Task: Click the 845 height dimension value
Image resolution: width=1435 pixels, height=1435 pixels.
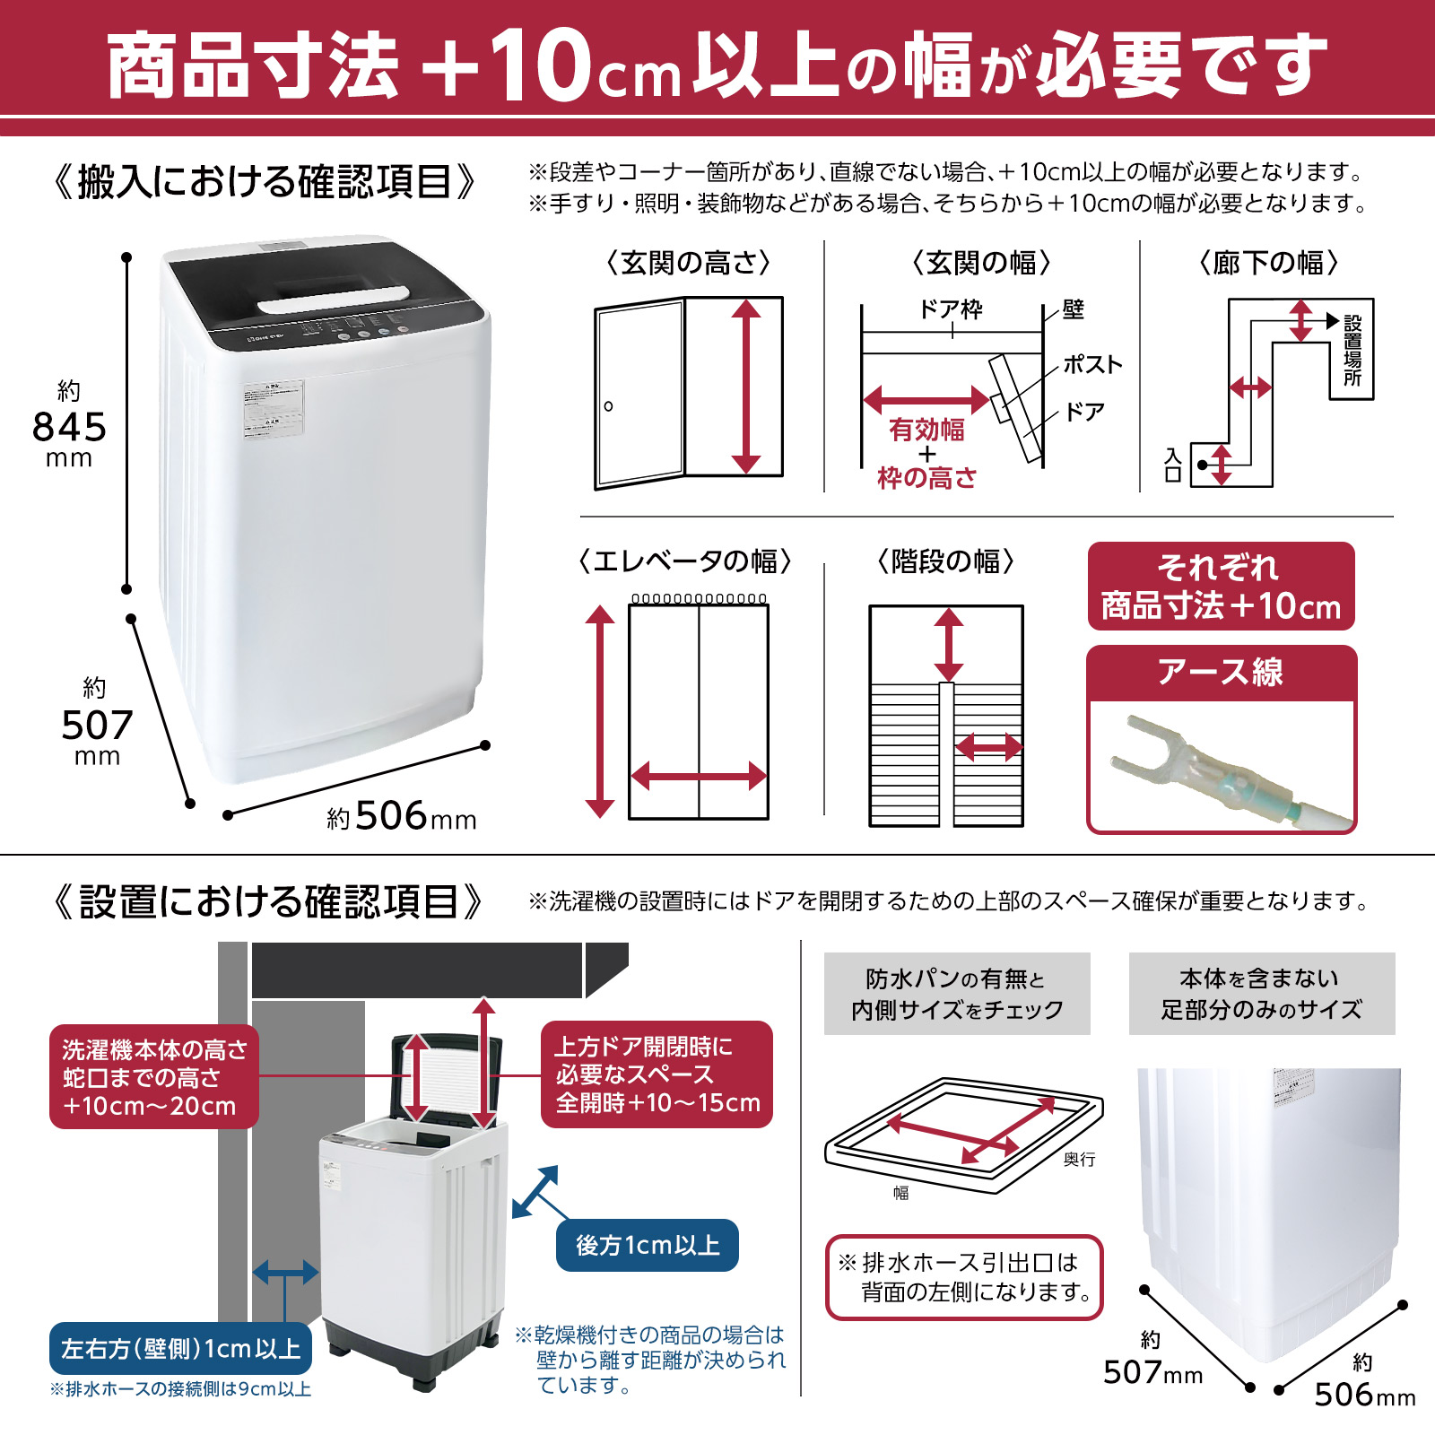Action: coord(69,427)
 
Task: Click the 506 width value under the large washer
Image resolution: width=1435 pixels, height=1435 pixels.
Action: coord(391,816)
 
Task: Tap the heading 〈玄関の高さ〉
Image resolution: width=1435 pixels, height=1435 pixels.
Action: coord(689,263)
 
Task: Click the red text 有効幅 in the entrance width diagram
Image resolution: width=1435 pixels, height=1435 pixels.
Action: coord(926,430)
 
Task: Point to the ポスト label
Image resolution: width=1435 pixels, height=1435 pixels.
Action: coord(1092,364)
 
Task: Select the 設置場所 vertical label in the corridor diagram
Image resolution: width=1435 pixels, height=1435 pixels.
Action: coord(1352,351)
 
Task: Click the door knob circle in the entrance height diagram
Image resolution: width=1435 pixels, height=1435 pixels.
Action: coord(609,406)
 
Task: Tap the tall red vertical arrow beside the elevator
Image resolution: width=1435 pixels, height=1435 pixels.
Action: coord(599,710)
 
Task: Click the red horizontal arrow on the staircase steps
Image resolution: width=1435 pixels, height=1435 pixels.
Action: coord(987,746)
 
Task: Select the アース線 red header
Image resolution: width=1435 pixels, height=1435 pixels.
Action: coord(1221,672)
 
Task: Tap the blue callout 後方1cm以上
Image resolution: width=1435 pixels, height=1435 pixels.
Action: coord(648,1245)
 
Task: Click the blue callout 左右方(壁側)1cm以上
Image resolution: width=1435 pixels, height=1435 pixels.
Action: coord(181,1348)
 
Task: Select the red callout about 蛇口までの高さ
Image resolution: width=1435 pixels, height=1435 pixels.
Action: coord(153,1076)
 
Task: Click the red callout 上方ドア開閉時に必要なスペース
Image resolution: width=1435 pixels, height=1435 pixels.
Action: coord(657,1074)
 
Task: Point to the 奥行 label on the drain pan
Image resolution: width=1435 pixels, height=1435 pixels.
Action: coord(1079,1160)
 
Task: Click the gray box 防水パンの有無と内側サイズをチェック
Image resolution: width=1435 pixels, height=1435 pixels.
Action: coord(957,994)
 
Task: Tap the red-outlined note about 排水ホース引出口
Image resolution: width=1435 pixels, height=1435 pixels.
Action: coord(964,1277)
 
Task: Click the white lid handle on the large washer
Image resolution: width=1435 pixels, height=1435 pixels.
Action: coord(334,300)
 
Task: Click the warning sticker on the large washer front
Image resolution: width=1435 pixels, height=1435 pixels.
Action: coord(274,408)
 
